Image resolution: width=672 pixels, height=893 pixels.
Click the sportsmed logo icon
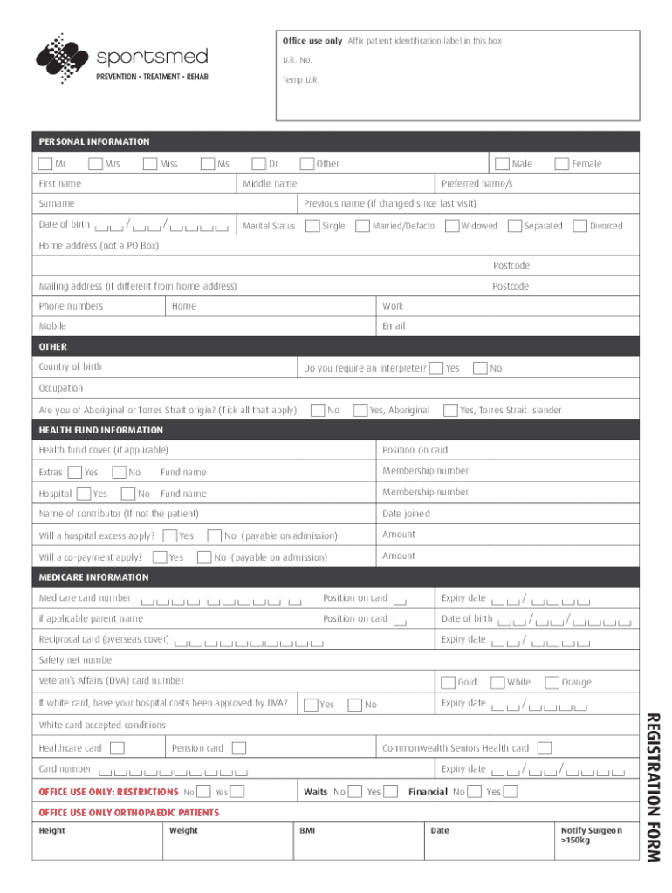[x=60, y=58]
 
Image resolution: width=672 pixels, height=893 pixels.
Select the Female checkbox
[x=562, y=163]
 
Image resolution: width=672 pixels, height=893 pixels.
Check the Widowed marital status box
[x=452, y=226]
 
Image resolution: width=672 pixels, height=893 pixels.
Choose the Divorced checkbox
[x=579, y=226]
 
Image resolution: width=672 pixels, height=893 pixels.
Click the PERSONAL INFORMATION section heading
[x=94, y=141]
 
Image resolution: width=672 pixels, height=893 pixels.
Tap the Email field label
[x=394, y=326]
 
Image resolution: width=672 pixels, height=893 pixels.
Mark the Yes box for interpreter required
[x=436, y=368]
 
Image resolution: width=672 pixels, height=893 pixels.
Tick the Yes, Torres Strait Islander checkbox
[x=450, y=410]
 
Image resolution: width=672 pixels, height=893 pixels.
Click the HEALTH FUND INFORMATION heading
[x=101, y=430]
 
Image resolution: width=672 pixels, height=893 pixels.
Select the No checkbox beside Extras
[x=119, y=472]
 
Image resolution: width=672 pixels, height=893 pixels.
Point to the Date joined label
[x=406, y=514]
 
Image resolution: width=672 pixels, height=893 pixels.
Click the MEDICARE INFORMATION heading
[x=94, y=577]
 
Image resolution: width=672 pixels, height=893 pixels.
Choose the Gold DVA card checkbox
[x=448, y=682]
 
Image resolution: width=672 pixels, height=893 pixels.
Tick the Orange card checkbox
[x=552, y=682]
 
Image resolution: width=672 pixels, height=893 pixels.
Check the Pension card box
[x=239, y=748]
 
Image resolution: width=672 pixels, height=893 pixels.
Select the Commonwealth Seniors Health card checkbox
[x=545, y=748]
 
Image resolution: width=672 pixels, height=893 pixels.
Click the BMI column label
[x=307, y=830]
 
